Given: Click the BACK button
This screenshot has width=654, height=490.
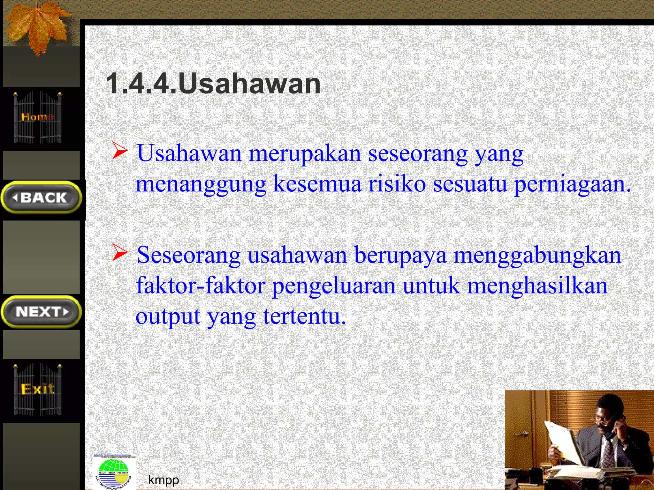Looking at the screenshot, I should point(42,197).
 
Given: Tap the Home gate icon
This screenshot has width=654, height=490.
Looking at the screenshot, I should point(38,117).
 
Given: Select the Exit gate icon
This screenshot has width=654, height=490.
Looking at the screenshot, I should point(38,389).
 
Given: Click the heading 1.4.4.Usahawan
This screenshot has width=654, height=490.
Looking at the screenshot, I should point(213,84).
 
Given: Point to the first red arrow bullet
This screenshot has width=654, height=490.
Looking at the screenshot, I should point(120,151).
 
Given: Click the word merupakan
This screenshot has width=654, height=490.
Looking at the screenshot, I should point(305,153).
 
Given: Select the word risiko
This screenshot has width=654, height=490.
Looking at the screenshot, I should point(397,184).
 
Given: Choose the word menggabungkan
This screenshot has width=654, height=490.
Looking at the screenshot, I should point(537,256).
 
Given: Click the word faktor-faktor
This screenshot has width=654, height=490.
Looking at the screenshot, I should point(201,286).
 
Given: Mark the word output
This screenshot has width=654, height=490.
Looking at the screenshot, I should point(168,316).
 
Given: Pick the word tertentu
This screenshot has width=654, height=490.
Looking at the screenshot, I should point(304,316).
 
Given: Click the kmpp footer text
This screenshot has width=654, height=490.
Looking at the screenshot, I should point(163,479).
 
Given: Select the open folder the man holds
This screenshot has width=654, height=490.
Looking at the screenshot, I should point(565,447).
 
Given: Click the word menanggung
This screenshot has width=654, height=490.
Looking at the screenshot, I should point(201,185).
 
